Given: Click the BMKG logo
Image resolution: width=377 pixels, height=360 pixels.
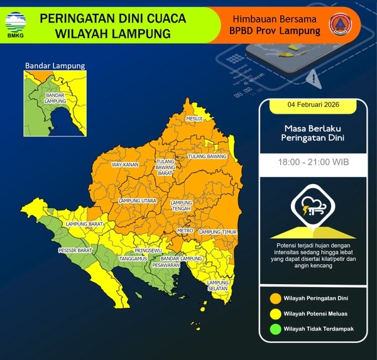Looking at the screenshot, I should tap(16, 23).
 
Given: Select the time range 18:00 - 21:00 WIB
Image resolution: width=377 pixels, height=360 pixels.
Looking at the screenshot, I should tap(314, 162).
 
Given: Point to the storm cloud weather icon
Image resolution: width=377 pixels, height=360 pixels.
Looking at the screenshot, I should tap(313, 207).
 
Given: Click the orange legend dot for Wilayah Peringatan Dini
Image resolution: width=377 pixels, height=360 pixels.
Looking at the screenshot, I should tap(275, 298).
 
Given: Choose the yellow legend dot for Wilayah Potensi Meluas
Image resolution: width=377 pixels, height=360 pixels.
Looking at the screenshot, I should tap(275, 313).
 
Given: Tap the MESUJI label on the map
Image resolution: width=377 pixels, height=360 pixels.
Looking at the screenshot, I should tap(194, 118).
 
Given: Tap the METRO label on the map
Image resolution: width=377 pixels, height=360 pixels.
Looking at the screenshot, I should tap(185, 231).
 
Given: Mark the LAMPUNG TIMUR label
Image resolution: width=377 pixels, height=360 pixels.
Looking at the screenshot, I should tap(217, 232).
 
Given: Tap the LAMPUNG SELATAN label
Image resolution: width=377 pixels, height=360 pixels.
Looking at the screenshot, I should tap(218, 285).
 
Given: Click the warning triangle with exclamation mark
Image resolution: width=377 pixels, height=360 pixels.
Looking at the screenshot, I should tap(312, 78).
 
